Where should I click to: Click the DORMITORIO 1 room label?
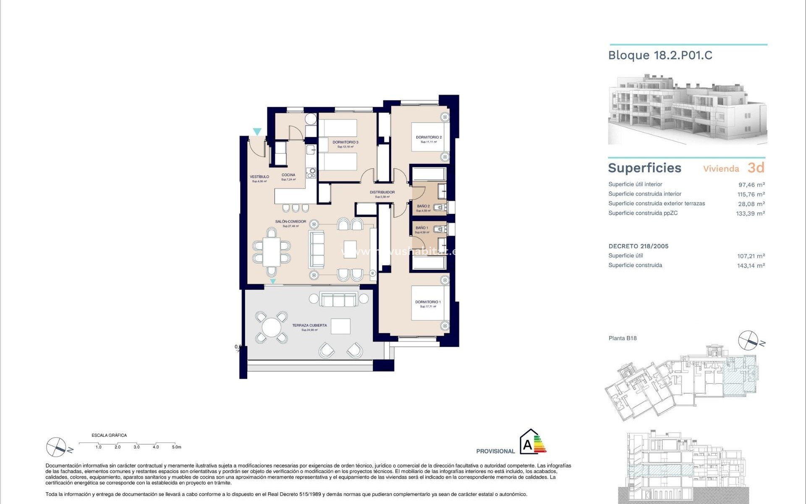tap(428, 302)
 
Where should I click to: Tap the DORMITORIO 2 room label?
tap(429, 137)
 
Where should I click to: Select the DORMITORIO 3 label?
tap(345, 142)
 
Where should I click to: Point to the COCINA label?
tap(288, 175)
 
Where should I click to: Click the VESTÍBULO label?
tap(259, 177)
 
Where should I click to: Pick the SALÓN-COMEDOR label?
tap(290, 222)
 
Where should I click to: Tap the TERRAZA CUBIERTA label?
tap(309, 325)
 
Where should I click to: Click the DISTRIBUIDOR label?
tap(382, 192)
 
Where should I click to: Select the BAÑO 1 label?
tap(421, 228)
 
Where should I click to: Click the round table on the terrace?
tap(272, 327)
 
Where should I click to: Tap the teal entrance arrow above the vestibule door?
tap(257, 132)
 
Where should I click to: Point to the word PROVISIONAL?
tap(495, 451)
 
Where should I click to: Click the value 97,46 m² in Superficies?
tap(751, 185)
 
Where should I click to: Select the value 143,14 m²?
tap(751, 265)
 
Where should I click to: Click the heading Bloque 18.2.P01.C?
tap(660, 55)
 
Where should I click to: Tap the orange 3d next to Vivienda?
tap(756, 168)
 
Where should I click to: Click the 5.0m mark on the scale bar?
tap(176, 447)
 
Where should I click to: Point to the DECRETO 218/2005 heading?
tap(638, 247)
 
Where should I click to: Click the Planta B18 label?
tap(623, 338)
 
